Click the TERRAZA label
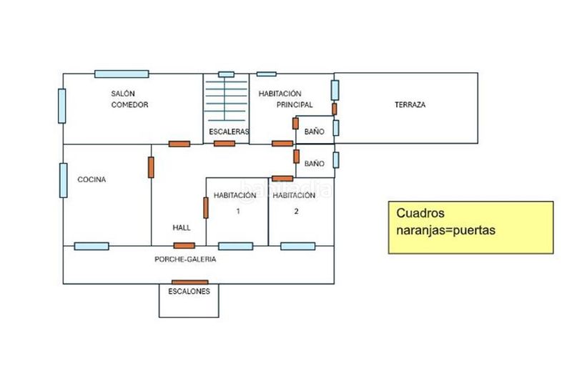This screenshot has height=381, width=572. [410, 104]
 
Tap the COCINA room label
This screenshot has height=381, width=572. [92, 179]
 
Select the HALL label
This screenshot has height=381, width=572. [182, 227]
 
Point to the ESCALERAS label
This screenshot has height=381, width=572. [229, 132]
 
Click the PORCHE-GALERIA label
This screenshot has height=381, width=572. [185, 259]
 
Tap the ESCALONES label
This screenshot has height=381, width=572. [189, 292]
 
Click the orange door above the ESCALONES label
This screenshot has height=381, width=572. [189, 282]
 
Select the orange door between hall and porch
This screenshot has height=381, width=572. [184, 246]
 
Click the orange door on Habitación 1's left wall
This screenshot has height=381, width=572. [206, 208]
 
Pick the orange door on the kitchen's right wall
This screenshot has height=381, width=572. [151, 167]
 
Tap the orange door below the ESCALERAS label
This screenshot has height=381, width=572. [225, 144]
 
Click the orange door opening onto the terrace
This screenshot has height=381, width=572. [334, 109]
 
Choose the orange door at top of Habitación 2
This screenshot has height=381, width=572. [282, 179]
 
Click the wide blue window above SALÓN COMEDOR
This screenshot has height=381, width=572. [122, 74]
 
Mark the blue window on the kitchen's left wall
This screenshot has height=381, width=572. [64, 180]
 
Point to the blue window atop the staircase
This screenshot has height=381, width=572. [226, 74]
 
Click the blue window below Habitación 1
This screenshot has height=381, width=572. [236, 247]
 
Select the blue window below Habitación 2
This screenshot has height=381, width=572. [298, 247]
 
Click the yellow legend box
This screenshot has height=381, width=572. [470, 227]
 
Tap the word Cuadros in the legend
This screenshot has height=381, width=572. [420, 213]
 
